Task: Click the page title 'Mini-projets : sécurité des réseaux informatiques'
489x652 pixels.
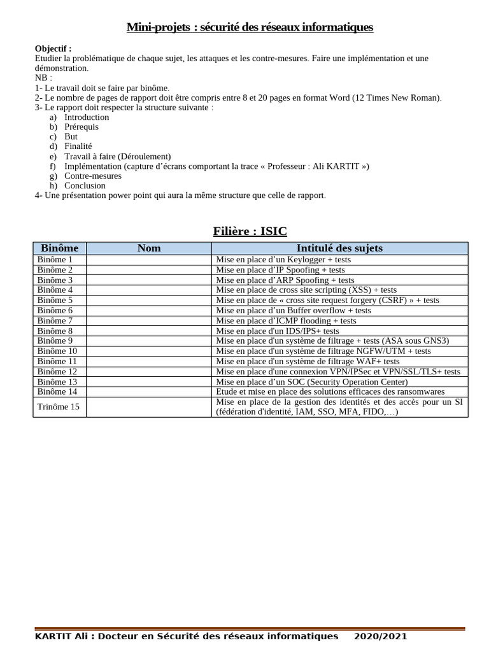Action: [250, 27]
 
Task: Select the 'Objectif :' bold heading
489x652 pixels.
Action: [53, 48]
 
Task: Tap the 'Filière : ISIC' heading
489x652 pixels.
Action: [250, 231]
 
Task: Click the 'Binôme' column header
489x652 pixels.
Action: [60, 248]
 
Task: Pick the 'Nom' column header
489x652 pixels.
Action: [149, 248]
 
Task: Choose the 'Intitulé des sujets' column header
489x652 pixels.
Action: [339, 248]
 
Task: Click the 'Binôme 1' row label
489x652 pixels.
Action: [55, 260]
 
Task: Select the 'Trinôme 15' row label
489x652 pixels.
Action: [59, 407]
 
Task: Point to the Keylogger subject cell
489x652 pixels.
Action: [283, 260]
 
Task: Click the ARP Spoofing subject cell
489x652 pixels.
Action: [285, 280]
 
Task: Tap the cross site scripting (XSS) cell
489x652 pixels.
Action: [306, 290]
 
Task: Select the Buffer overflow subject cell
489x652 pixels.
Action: [294, 311]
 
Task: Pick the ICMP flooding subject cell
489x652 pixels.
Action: [286, 321]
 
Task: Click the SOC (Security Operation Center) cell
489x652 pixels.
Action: [311, 382]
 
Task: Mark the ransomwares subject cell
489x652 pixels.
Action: [330, 392]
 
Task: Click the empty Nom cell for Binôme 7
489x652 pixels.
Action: [149, 321]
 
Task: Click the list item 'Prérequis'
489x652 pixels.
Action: [81, 127]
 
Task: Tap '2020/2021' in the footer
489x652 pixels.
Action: [380, 636]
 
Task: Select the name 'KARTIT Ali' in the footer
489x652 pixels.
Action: [61, 636]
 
